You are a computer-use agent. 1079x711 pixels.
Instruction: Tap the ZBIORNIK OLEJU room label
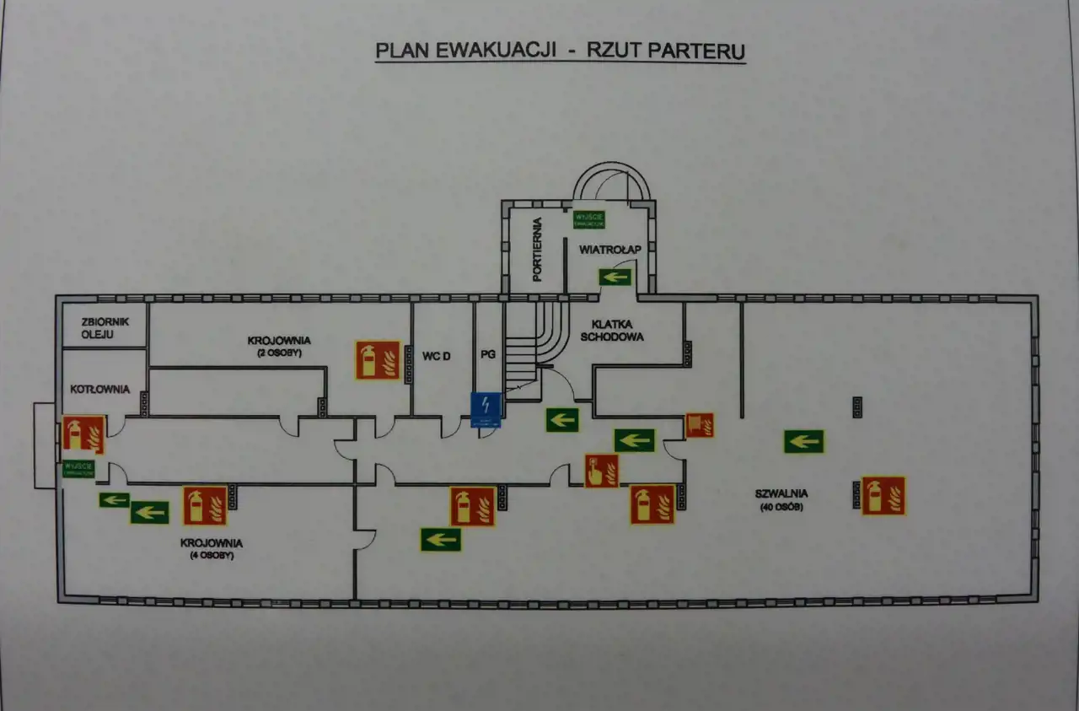pos(105,326)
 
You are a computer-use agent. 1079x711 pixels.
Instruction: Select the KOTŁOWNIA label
pos(100,389)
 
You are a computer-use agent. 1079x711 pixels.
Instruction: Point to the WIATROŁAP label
pos(611,250)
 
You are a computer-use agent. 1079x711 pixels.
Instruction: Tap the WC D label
pos(437,357)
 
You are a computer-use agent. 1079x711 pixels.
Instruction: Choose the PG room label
pos(487,357)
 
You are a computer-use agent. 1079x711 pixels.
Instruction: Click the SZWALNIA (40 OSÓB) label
pos(781,499)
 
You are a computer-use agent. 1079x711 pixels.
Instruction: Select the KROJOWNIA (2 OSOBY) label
pos(279,346)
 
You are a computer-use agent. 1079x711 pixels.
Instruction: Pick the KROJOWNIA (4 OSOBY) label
pos(212,549)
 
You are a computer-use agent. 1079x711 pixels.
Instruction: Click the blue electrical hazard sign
pos(486,409)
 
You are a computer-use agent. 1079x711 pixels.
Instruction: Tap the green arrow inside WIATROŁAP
pos(615,276)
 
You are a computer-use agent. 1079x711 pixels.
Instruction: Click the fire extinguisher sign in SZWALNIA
pos(883,495)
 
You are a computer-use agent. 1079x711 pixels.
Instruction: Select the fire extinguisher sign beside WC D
pos(378,359)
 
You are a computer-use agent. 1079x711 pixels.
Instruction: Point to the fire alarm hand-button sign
pos(602,471)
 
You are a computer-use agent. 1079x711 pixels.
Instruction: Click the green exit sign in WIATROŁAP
pos(589,218)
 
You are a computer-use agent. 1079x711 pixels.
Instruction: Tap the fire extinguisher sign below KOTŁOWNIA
pos(83,434)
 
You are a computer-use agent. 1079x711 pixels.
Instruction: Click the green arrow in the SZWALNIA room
pos(803,441)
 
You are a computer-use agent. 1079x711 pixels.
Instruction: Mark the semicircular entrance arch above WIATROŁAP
pos(612,180)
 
